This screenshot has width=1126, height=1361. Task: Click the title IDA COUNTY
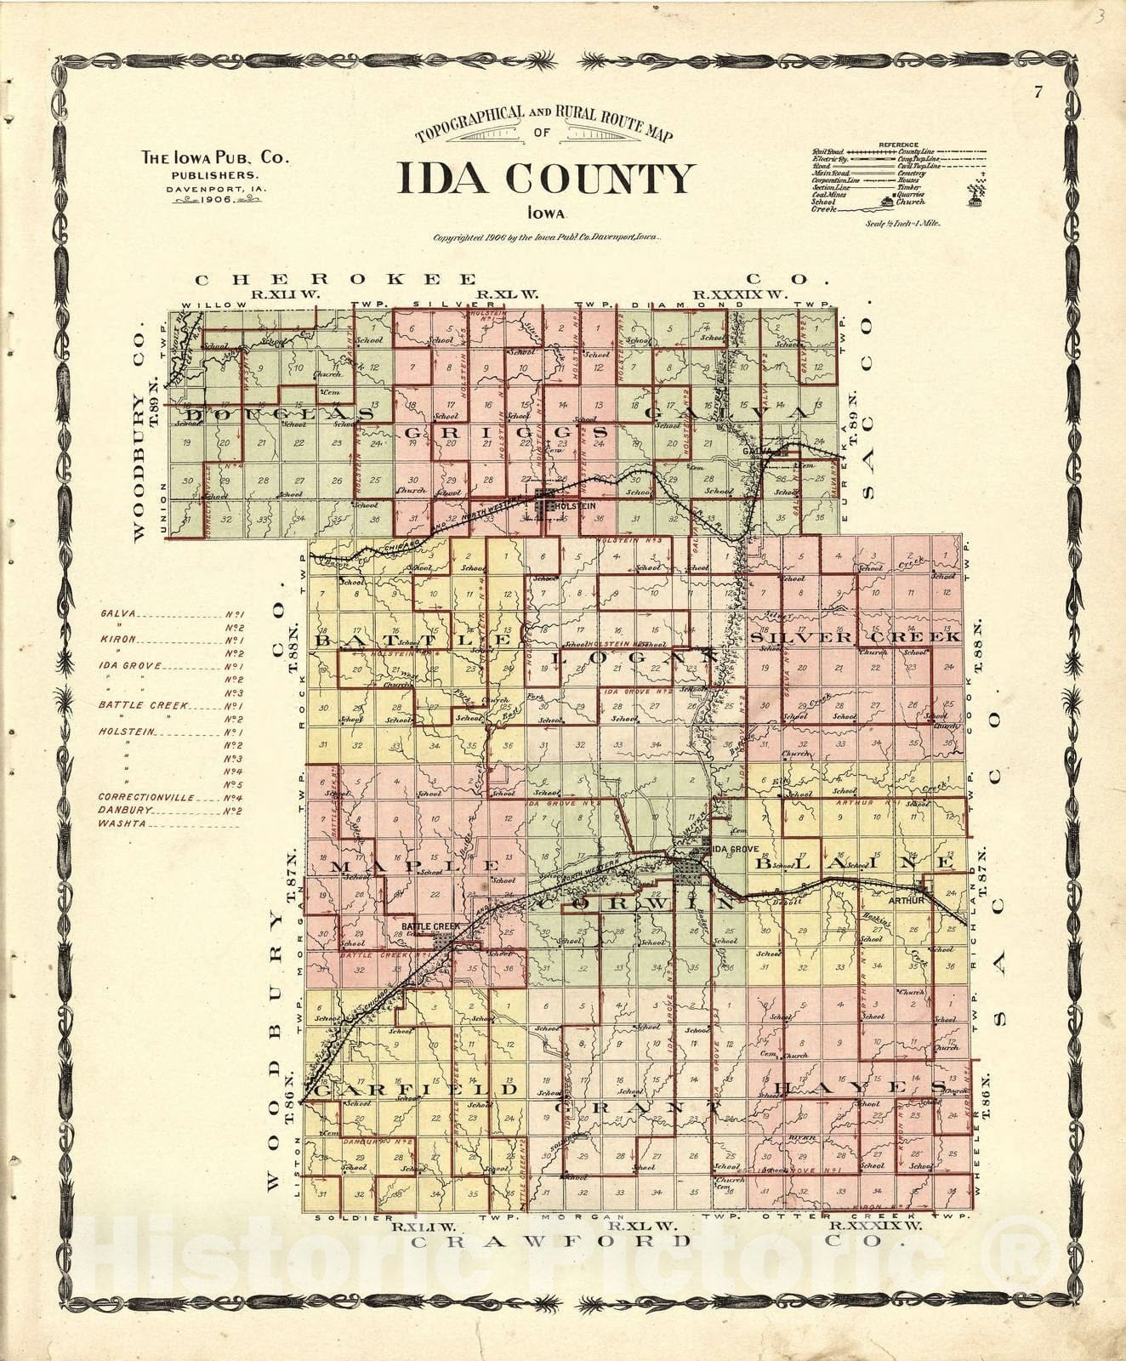point(545,178)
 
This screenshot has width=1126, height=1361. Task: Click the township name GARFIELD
point(415,1090)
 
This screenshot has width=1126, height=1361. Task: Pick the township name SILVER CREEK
point(856,636)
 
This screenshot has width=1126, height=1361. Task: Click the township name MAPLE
point(414,865)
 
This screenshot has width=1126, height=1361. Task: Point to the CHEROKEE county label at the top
point(336,279)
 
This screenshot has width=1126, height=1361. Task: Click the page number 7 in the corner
point(1038,94)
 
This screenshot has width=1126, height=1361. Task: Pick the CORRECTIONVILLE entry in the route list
point(146,798)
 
